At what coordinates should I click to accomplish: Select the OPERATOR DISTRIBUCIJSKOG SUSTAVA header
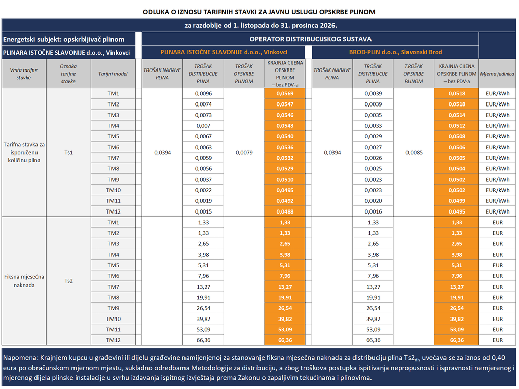point(310,39)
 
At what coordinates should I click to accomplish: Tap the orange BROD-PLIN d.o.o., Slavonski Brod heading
point(395,52)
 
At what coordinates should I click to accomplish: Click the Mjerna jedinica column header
point(497,74)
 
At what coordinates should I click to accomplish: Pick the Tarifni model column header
point(113,74)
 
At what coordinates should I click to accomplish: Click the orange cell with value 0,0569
point(285,93)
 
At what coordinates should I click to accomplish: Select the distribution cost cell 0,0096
point(203,93)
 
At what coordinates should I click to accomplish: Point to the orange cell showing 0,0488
point(285,211)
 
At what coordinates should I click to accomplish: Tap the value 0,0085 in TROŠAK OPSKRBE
point(414,153)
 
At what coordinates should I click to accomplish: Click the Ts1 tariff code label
point(68,153)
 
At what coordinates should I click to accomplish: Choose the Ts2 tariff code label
point(68,281)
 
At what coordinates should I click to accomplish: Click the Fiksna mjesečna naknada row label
point(24,281)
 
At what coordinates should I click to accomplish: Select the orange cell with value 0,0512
point(457,126)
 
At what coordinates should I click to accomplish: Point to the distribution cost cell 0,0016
point(373,211)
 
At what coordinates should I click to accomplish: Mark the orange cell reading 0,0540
point(285,136)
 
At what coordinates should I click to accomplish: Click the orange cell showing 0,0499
point(457,201)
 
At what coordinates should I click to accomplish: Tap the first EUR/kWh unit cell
point(498,93)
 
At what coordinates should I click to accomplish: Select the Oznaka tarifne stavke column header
point(68,74)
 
